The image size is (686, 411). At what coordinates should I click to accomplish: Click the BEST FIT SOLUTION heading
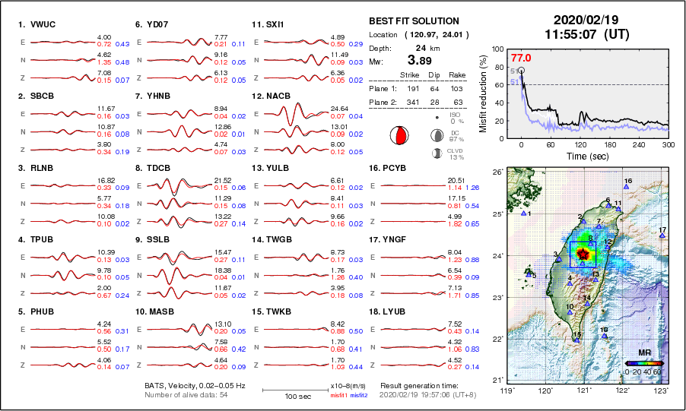pyautogui.click(x=413, y=21)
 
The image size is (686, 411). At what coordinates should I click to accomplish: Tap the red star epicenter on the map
pyautogui.click(x=583, y=255)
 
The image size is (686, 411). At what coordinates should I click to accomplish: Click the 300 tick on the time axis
pyautogui.click(x=668, y=144)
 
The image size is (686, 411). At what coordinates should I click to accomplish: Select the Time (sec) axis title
pyautogui.click(x=586, y=155)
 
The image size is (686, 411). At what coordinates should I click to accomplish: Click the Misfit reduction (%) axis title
pyautogui.click(x=484, y=93)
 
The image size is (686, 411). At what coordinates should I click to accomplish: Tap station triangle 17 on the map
pyautogui.click(x=662, y=236)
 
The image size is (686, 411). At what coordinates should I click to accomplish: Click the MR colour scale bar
pyautogui.click(x=643, y=365)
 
